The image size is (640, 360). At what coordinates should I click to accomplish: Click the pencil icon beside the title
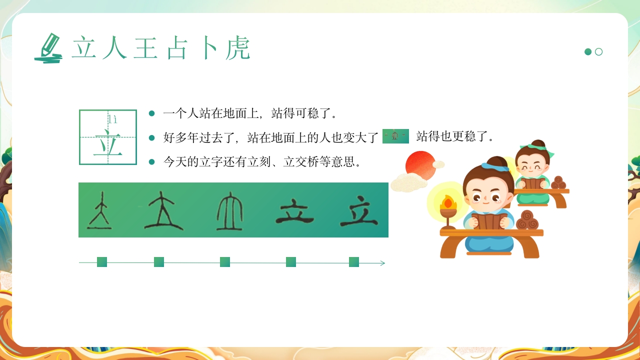coord(48,48)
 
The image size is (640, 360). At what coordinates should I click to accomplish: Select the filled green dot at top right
coord(588,52)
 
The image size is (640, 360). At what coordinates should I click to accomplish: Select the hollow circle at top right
coord(598,52)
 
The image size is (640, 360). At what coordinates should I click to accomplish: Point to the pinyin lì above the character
coord(113,119)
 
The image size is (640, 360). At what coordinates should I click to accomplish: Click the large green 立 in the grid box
coord(107,143)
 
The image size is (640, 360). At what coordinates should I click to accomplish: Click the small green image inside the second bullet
coord(395,136)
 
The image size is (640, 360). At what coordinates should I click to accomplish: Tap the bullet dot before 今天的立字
coord(152,161)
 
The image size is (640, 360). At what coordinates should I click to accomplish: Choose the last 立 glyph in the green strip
coord(359,213)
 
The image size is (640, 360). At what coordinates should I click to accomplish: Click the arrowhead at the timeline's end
coord(382,263)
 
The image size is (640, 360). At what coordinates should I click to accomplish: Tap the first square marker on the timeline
coord(102,262)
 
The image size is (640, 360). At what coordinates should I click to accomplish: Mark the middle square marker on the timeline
coord(225,262)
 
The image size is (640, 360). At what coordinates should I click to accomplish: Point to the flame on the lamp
coord(448,202)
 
